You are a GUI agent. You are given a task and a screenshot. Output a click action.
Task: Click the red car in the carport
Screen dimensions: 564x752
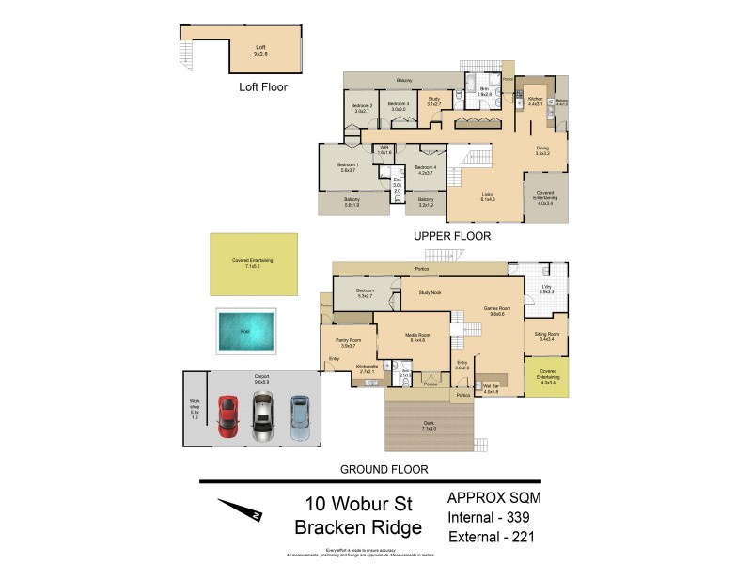pyautogui.click(x=227, y=415)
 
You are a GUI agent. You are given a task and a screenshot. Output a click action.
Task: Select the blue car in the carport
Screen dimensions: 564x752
pyautogui.click(x=299, y=414)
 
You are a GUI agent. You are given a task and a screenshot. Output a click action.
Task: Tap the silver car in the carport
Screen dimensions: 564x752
pyautogui.click(x=262, y=415)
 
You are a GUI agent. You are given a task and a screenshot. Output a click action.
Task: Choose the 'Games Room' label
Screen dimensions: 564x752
pyautogui.click(x=496, y=310)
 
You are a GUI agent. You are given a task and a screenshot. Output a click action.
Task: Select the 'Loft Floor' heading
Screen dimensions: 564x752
pyautogui.click(x=262, y=86)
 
